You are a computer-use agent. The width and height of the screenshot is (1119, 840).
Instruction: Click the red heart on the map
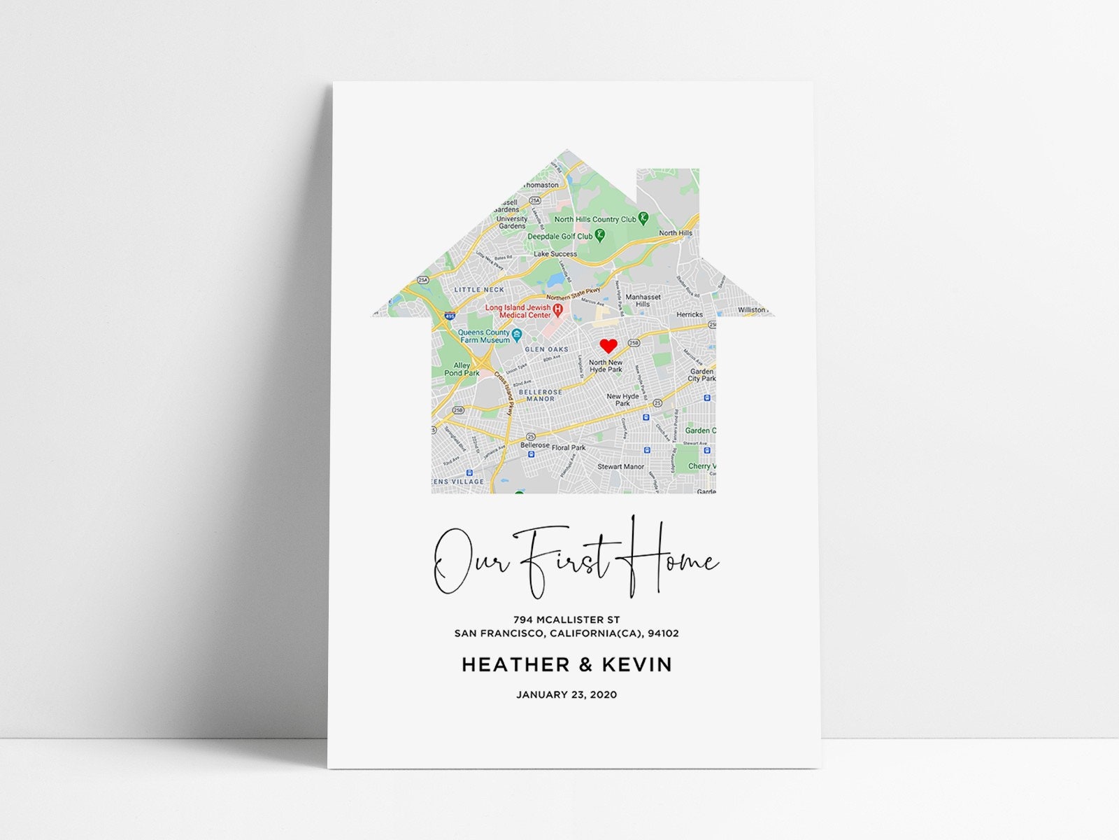pyautogui.click(x=608, y=345)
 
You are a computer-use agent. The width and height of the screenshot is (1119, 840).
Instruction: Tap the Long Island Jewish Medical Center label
pyautogui.click(x=519, y=311)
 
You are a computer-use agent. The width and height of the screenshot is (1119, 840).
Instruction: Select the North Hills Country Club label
pyautogui.click(x=595, y=219)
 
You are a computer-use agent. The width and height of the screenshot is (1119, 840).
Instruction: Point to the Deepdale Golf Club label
pyautogui.click(x=560, y=237)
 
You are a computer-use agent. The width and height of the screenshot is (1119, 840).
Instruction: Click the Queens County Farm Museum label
pyautogui.click(x=484, y=336)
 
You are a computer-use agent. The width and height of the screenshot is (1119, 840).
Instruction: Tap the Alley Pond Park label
pyautogui.click(x=462, y=370)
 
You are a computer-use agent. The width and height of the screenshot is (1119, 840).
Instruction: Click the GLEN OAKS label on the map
pyautogui.click(x=547, y=349)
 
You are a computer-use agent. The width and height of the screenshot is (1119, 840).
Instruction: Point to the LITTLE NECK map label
pyautogui.click(x=479, y=290)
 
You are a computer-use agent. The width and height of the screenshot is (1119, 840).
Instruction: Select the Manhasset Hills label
pyautogui.click(x=643, y=300)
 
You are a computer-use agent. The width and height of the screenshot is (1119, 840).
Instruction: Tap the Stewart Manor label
pyautogui.click(x=620, y=466)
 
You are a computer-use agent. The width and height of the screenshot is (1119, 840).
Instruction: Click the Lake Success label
pyautogui.click(x=555, y=254)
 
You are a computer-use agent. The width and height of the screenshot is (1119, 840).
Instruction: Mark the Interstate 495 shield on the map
pyautogui.click(x=449, y=316)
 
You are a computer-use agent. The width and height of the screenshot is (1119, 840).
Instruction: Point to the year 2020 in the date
pyautogui.click(x=604, y=695)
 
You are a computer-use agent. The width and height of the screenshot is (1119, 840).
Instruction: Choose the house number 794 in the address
pyautogui.click(x=523, y=619)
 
